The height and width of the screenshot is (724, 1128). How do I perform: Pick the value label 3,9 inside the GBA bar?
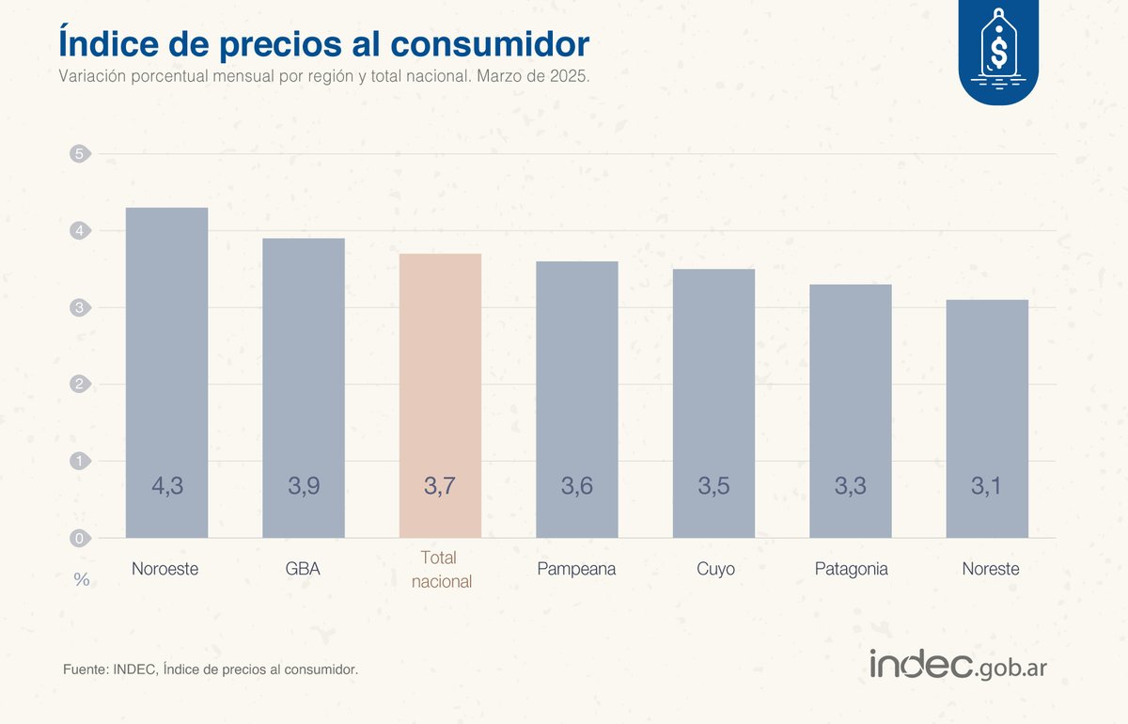click(x=304, y=486)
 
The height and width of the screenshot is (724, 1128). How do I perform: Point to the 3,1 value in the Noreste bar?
click(x=987, y=486)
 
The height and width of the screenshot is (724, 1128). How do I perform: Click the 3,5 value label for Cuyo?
click(x=713, y=486)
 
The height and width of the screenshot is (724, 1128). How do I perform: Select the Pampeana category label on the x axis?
click(x=576, y=569)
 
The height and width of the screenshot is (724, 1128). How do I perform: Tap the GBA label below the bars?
click(x=303, y=569)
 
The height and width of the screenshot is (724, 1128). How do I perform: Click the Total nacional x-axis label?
click(x=441, y=570)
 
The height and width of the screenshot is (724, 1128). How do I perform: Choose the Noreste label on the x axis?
click(x=990, y=569)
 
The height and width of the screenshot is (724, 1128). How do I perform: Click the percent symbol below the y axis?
click(x=82, y=580)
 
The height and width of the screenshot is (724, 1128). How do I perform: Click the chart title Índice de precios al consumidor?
click(x=323, y=43)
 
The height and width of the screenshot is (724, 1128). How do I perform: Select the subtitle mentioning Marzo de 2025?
click(x=323, y=77)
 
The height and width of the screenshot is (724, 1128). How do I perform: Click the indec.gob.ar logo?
click(x=958, y=666)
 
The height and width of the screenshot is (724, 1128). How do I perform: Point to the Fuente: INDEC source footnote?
click(x=211, y=669)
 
